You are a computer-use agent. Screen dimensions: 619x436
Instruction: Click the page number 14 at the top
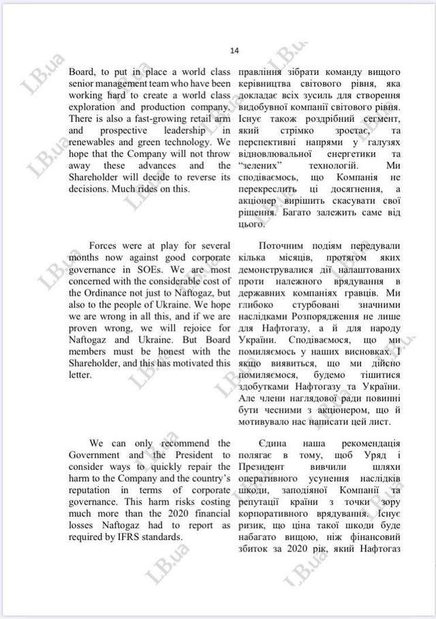tap(234, 50)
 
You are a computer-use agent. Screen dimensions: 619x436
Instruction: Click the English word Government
tap(96, 454)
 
